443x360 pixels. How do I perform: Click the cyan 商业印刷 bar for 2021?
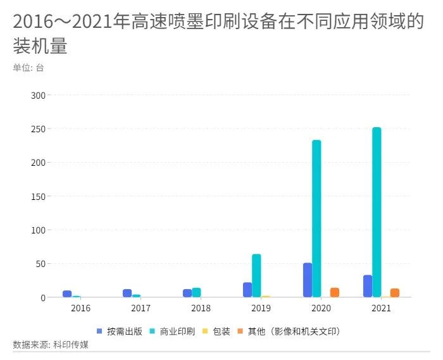click(377, 213)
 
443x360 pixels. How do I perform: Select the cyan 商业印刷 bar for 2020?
click(316, 219)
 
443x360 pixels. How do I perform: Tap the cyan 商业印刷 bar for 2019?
click(256, 276)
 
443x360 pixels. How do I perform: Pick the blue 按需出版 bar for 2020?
click(308, 280)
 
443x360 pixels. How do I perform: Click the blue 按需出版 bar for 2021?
click(368, 286)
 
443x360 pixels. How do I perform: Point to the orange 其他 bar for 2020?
click(335, 292)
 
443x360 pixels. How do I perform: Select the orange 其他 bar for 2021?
click(395, 293)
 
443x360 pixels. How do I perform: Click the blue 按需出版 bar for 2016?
click(67, 294)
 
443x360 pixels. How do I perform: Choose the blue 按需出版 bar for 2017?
click(127, 294)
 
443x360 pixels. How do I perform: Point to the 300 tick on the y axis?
click(38, 96)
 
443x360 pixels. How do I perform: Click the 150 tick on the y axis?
click(38, 197)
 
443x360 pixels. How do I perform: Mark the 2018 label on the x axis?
click(201, 308)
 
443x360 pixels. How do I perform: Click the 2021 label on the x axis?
click(381, 308)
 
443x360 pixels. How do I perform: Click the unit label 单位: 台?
click(28, 68)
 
